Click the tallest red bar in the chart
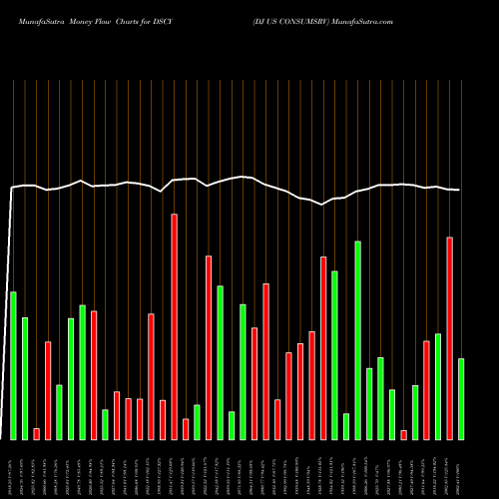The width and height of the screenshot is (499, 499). point(174,326)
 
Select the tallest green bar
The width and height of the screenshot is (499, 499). point(357,340)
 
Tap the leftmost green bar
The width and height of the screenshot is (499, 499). point(13,365)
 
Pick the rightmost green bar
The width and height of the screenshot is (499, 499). point(460,399)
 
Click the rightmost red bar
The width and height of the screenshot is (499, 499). point(449,338)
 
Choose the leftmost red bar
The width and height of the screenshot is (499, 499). point(36,434)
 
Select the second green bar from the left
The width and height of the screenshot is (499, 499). point(25,378)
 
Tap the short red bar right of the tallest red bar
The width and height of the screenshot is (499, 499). point(186,429)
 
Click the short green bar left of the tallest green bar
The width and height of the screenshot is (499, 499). point(346,426)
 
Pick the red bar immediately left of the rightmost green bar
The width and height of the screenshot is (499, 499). point(449,338)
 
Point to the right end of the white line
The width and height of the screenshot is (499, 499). point(460,191)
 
